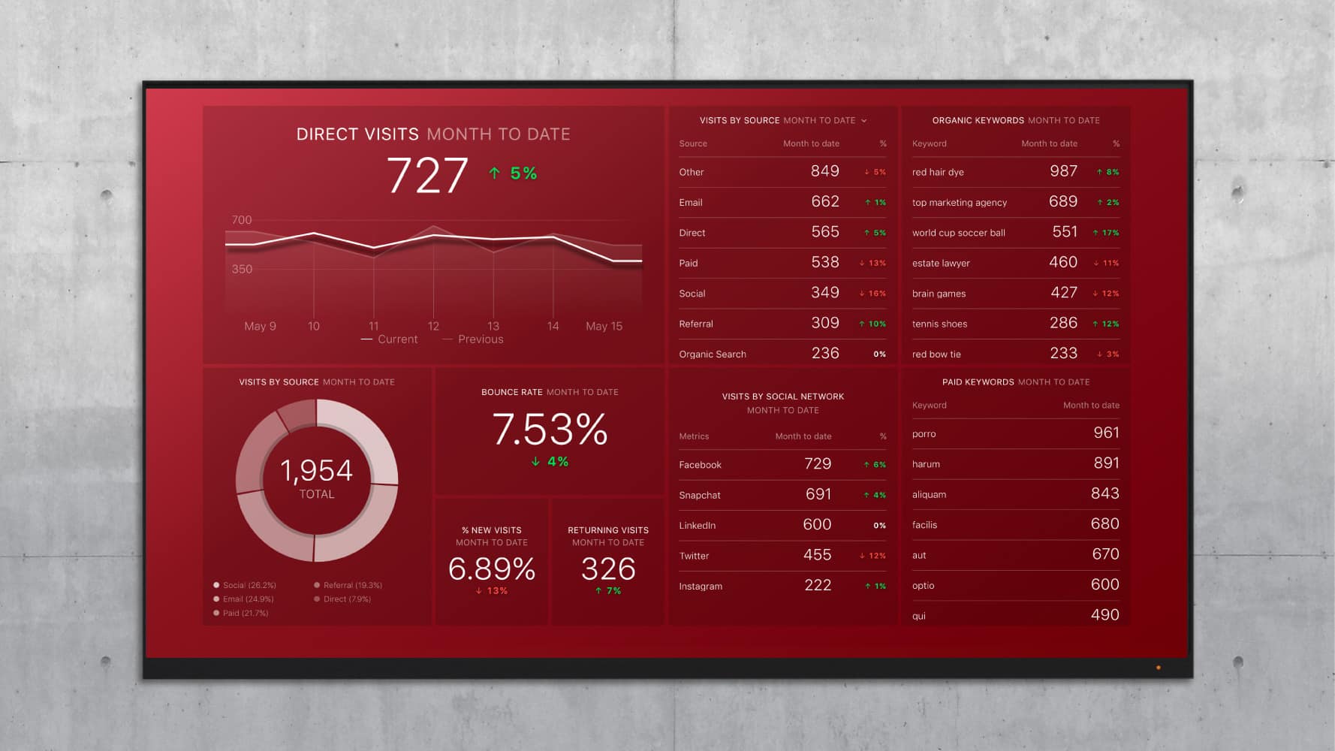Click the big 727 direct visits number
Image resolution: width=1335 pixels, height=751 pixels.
click(x=427, y=176)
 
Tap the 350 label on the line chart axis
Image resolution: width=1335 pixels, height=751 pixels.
click(x=242, y=269)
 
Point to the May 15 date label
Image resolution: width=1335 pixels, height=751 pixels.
click(x=604, y=326)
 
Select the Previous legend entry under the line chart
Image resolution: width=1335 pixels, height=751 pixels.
click(x=480, y=339)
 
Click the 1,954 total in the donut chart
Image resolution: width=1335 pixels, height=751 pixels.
click(x=316, y=471)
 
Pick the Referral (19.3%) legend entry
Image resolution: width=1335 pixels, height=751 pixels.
click(x=352, y=585)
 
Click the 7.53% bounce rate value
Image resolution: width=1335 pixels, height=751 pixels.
click(x=550, y=430)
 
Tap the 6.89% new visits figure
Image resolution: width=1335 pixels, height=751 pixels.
click(x=492, y=569)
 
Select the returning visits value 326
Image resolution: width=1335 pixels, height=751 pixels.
click(x=608, y=569)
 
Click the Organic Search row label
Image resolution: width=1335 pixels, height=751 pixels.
click(x=713, y=354)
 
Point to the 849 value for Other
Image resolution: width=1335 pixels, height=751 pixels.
click(x=824, y=171)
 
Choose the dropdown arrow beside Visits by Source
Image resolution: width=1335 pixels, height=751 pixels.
click(x=864, y=120)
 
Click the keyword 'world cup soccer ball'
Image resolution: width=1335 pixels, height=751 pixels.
click(x=958, y=233)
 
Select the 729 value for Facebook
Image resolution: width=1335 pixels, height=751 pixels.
click(x=818, y=464)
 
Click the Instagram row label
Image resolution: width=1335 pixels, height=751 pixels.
click(x=701, y=587)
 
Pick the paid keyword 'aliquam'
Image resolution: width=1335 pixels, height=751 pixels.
click(x=929, y=495)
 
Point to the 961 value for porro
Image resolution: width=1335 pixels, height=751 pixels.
click(x=1106, y=433)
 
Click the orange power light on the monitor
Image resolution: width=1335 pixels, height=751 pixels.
click(x=1159, y=667)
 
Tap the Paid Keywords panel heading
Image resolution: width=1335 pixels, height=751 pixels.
click(x=978, y=382)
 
